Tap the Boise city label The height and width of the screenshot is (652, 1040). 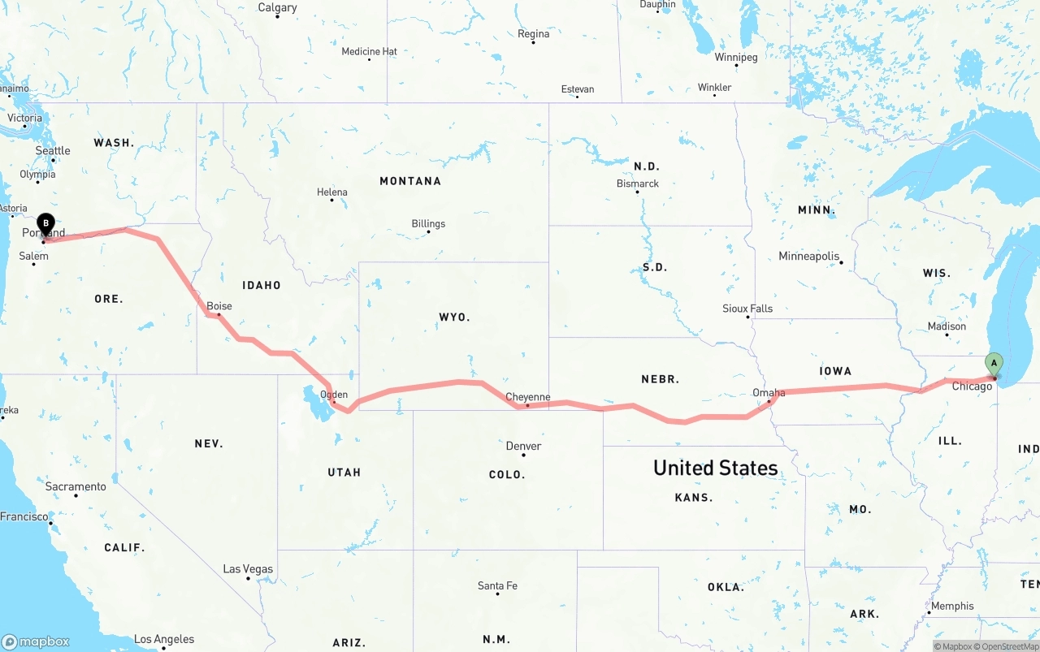[219, 306]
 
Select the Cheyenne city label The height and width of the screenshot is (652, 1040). [528, 397]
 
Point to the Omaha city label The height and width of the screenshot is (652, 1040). [769, 393]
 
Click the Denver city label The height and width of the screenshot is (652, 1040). [523, 446]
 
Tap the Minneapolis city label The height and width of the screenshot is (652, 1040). [808, 256]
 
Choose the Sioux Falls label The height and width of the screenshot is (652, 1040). [747, 309]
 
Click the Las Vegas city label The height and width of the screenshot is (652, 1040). [248, 569]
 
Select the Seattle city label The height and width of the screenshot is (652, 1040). [53, 150]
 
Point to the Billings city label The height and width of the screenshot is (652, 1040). [428, 223]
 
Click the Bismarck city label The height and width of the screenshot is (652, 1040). [638, 184]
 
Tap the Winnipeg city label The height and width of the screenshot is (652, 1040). [736, 57]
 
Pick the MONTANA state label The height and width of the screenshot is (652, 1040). [410, 181]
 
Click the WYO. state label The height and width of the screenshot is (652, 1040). [454, 317]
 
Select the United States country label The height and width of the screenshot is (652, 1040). [715, 468]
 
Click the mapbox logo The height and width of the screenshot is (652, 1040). [36, 641]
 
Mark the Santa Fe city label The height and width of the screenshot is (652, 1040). [497, 585]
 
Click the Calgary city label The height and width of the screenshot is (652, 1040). [277, 7]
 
